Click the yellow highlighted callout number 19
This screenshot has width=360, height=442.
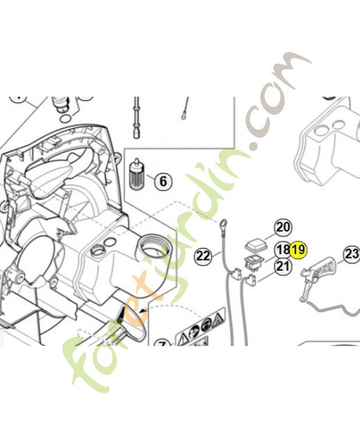click(298, 249)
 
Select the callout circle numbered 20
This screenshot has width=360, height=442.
click(283, 227)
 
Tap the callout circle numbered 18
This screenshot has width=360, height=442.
click(283, 249)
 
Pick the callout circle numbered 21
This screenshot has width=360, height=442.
click(283, 266)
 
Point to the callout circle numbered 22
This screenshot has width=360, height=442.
click(204, 255)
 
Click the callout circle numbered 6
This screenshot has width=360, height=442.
click(163, 181)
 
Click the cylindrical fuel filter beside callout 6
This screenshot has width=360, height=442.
click(137, 176)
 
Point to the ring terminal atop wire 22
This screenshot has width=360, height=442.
click(224, 224)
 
